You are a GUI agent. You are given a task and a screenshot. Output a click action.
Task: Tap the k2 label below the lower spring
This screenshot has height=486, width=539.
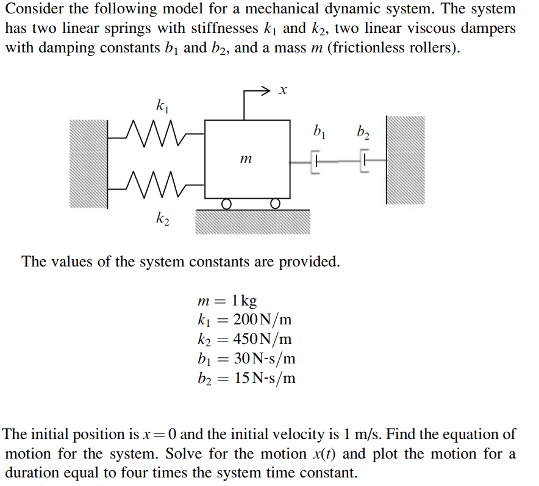[x=162, y=218]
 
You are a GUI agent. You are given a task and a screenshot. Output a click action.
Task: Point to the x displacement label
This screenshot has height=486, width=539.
[x=282, y=91]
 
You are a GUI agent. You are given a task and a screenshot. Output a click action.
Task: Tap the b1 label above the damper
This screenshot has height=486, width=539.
[x=319, y=130]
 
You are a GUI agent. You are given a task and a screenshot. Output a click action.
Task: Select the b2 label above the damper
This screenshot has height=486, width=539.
[x=363, y=130]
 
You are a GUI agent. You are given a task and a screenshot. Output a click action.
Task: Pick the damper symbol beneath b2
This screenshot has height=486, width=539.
[x=364, y=162]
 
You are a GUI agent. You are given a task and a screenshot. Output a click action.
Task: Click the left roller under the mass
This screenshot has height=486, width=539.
[x=226, y=203]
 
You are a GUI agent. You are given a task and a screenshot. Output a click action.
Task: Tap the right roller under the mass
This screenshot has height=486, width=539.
[x=274, y=203]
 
